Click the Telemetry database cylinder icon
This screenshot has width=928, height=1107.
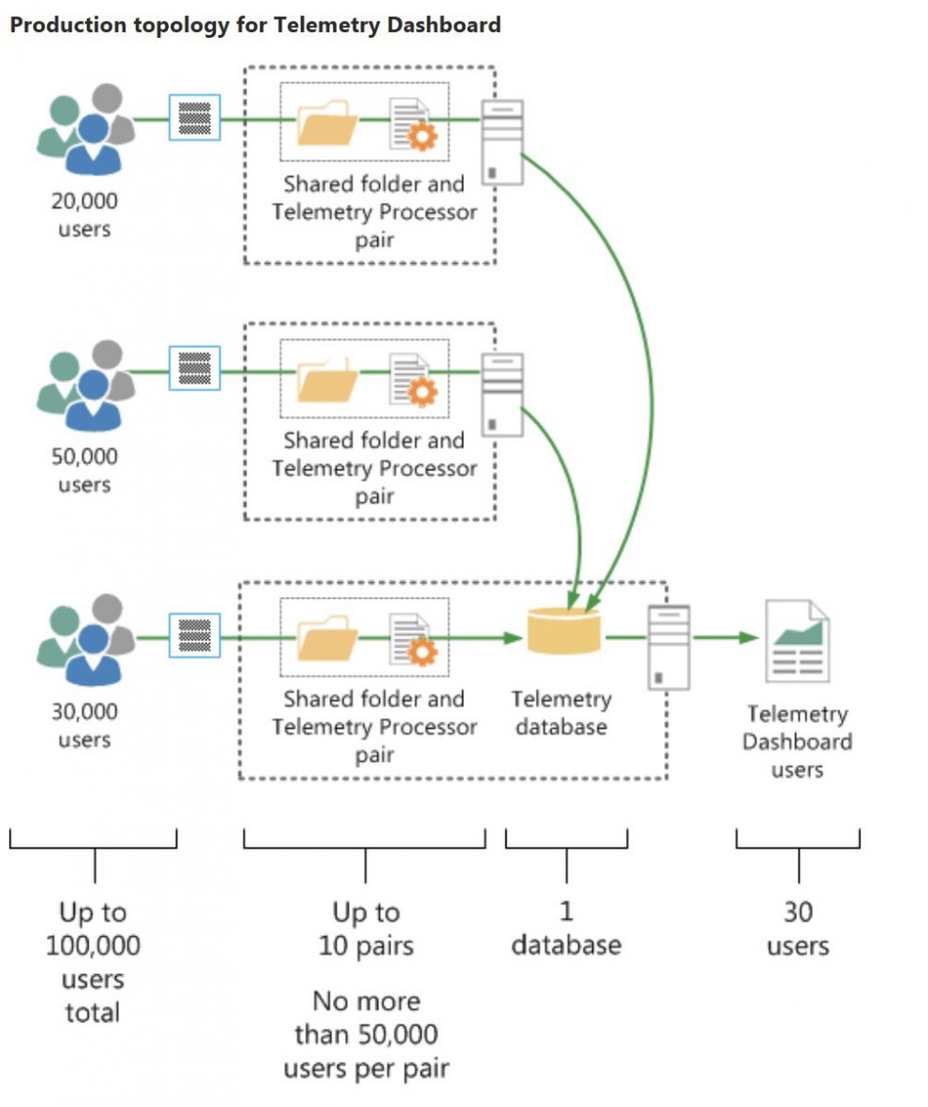point(564,631)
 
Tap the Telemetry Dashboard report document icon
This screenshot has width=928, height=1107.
point(797,640)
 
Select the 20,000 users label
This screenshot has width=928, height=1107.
point(85,215)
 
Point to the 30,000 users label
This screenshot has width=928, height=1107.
point(85,725)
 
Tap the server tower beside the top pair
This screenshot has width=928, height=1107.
point(502,141)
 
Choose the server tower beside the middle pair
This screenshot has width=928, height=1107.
point(502,394)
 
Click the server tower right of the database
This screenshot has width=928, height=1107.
point(669,646)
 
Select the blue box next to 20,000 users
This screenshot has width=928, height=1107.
point(194,118)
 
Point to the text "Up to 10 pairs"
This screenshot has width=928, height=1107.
point(366,928)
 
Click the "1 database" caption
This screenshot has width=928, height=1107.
point(566,928)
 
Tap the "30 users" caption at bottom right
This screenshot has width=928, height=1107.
point(798,928)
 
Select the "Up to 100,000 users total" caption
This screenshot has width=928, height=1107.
point(92,962)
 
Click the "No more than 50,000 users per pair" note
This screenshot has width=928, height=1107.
point(366,1034)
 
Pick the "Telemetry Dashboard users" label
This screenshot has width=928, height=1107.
point(797,742)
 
